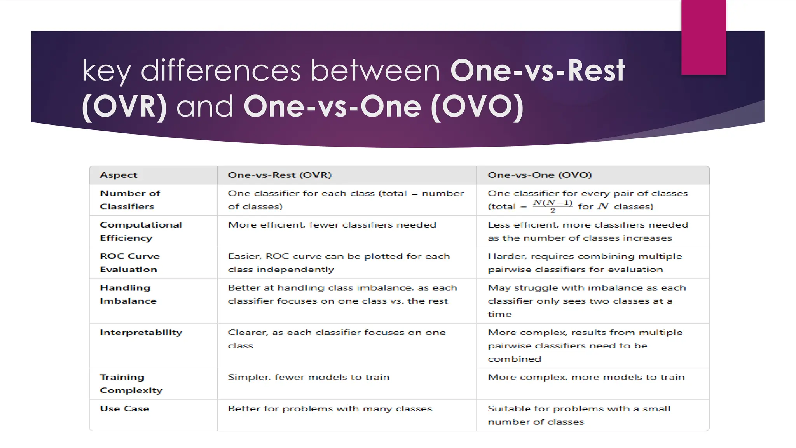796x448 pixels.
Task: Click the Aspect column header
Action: (119, 175)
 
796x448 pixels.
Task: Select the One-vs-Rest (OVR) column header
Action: (279, 175)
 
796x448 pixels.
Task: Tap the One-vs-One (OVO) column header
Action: (539, 175)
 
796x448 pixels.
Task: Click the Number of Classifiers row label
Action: (130, 200)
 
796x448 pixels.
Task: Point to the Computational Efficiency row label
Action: (141, 231)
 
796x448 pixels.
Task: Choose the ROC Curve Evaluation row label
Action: (130, 263)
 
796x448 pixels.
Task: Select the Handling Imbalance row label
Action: (128, 294)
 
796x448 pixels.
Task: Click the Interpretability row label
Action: (141, 332)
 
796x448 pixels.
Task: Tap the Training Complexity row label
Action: (131, 384)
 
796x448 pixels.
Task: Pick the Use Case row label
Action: (124, 409)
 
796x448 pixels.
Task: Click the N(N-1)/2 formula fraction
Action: (552, 206)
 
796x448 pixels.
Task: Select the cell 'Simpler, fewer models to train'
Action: (309, 377)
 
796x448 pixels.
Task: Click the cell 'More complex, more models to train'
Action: (586, 377)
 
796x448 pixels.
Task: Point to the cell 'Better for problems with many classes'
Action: (330, 409)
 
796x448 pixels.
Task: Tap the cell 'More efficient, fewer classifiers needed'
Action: (332, 225)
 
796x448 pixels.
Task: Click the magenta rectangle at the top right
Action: (703, 37)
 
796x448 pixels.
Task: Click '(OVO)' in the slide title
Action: (477, 107)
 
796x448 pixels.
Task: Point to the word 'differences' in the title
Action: (220, 71)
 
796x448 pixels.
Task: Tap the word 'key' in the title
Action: (106, 72)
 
